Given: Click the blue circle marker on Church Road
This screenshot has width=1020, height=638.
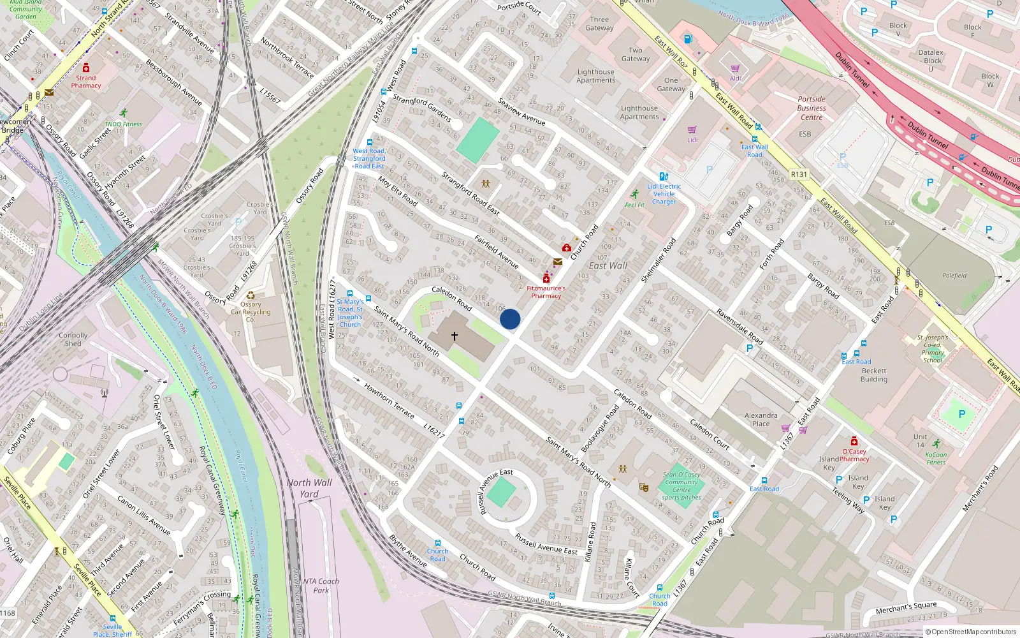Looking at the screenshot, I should [510, 319].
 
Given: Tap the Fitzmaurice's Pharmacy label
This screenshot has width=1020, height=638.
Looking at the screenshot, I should [546, 292].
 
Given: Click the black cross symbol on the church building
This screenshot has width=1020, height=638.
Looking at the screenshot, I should [455, 336].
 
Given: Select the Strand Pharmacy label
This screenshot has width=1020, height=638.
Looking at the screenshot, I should [86, 82].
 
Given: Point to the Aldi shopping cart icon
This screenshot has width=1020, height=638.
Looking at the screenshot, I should [735, 68].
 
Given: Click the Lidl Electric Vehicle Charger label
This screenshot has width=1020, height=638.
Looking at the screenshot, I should [664, 194].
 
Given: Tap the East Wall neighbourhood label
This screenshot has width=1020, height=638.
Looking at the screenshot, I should [608, 265].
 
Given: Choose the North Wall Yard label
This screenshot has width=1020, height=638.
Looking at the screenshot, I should [309, 488].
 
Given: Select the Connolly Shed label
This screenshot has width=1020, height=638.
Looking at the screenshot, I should [73, 339].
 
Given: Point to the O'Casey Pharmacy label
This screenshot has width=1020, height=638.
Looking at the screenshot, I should [854, 455].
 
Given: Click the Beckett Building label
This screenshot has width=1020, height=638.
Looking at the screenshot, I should [873, 375].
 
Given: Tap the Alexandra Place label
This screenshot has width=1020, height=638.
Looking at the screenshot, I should [761, 419].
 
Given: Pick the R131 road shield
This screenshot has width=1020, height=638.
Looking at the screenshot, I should [799, 174].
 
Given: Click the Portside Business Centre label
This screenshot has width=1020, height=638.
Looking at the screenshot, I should [811, 108].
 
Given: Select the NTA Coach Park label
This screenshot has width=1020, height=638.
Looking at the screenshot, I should [321, 586].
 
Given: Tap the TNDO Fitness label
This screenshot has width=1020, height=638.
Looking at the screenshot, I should [123, 124].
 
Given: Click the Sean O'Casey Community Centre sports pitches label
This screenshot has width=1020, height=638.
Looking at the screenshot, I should [681, 486].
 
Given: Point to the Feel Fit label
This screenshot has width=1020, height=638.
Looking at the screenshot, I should [634, 205].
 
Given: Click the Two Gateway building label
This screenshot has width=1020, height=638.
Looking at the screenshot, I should [636, 54].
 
